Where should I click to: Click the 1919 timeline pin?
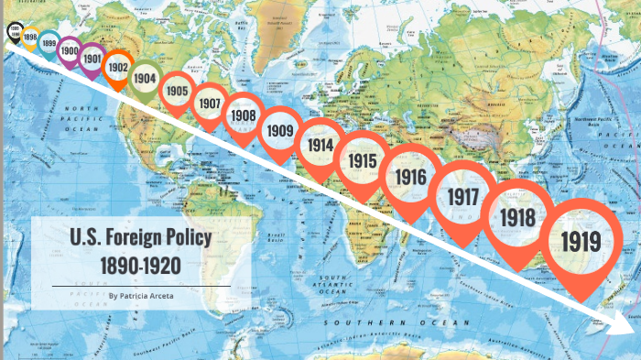[582, 242]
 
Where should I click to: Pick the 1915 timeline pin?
[364, 160]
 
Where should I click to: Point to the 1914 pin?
[320, 145]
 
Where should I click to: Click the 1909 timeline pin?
[280, 130]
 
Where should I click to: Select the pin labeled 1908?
[243, 115]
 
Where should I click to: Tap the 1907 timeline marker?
[210, 104]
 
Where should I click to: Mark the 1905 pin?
[177, 91]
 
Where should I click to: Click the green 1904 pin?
[145, 79]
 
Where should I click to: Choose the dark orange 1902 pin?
[117, 67]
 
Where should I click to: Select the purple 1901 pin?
[92, 58]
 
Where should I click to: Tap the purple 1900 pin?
[70, 51]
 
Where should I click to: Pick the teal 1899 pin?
[49, 42]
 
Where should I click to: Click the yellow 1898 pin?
[30, 38]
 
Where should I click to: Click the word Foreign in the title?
[140, 238]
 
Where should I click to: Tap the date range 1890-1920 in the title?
[141, 265]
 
